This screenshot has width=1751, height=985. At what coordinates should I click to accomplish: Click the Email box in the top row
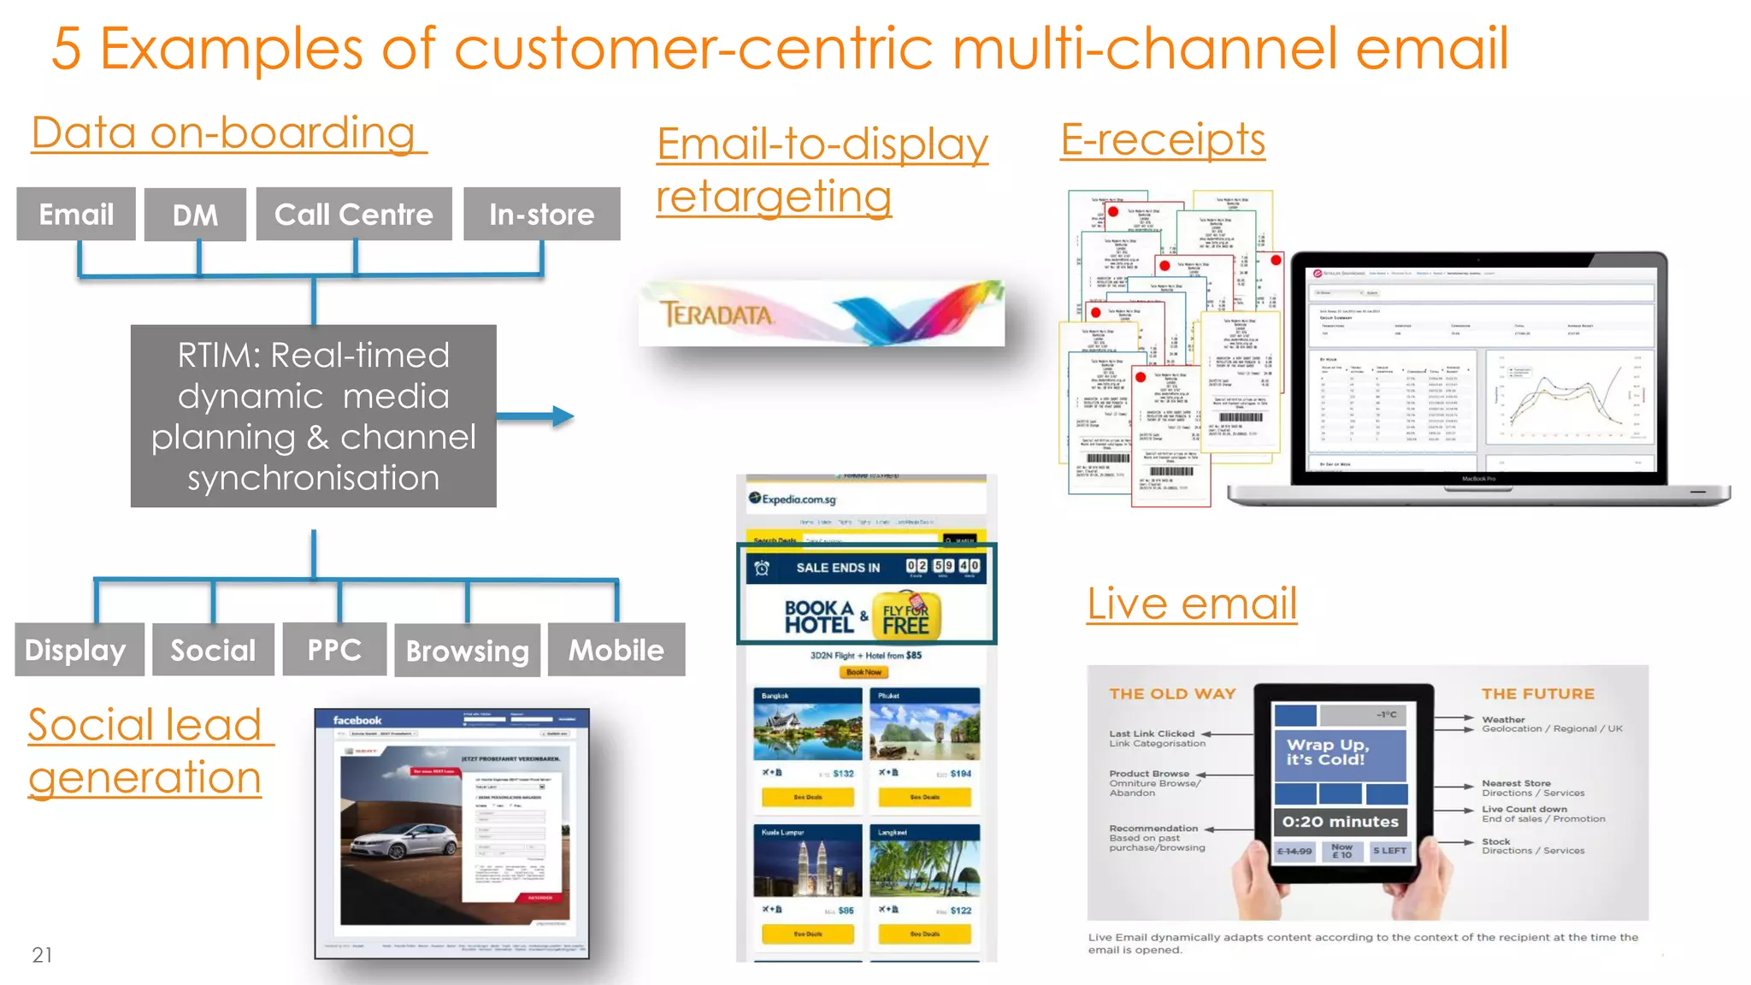[76, 215]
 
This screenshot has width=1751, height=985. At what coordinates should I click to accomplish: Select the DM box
[195, 215]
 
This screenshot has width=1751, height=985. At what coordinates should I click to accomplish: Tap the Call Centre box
[353, 215]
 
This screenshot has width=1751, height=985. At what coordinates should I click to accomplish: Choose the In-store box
[541, 215]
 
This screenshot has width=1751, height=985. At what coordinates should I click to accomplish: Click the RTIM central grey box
[313, 416]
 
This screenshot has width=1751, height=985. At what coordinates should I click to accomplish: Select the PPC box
[334, 650]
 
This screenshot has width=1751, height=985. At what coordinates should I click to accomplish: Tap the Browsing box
[467, 651]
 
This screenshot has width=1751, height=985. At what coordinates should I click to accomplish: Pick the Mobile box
[616, 650]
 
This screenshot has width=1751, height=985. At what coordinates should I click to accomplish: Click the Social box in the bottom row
[213, 650]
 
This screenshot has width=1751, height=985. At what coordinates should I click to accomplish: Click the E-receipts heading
[1163, 139]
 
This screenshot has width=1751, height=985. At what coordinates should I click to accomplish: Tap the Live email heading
[1192, 604]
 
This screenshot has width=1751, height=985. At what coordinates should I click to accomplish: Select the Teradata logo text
[716, 315]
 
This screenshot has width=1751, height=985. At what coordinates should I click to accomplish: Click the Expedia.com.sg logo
[793, 499]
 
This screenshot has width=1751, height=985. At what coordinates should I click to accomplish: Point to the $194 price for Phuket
[960, 774]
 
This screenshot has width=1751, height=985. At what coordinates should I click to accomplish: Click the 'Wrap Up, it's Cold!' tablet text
[1326, 752]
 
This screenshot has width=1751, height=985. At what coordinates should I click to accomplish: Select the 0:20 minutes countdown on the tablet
[1340, 822]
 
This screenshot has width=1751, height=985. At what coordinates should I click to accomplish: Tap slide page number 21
[42, 955]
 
